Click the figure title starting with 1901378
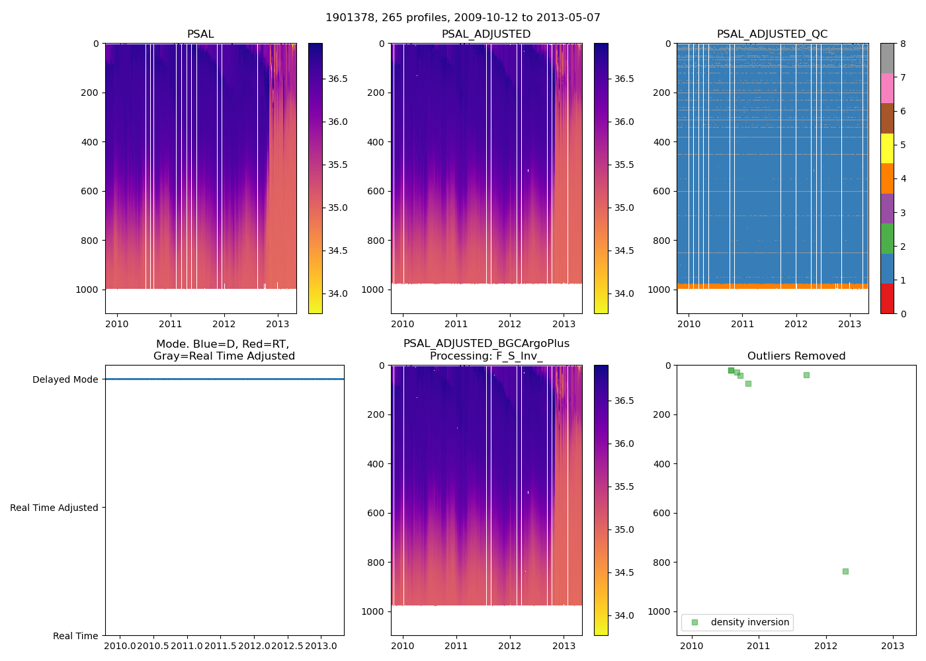(463, 18)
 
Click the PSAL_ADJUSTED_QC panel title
(772, 34)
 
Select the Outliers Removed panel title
(796, 356)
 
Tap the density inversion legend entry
(749, 622)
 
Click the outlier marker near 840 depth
(845, 571)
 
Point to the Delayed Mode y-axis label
(65, 379)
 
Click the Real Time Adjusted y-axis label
(54, 508)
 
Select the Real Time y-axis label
(75, 636)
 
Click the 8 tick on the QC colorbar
(903, 44)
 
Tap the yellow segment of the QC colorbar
(887, 149)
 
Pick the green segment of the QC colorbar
(887, 239)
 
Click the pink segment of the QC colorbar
(887, 89)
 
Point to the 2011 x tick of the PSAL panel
(171, 324)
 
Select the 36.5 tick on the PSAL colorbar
(338, 79)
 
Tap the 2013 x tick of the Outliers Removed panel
(892, 646)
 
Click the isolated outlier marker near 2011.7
(806, 375)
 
